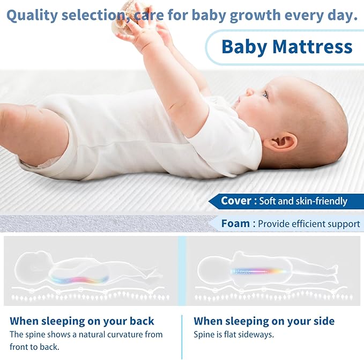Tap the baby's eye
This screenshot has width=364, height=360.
pyautogui.click(x=265, y=94)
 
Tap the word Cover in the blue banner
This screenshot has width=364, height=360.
pyautogui.click(x=236, y=201)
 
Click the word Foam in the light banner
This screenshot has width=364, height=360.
pyautogui.click(x=235, y=223)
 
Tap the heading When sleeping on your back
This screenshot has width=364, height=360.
pyautogui.click(x=82, y=321)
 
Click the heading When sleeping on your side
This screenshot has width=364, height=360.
pyautogui.click(x=264, y=321)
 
